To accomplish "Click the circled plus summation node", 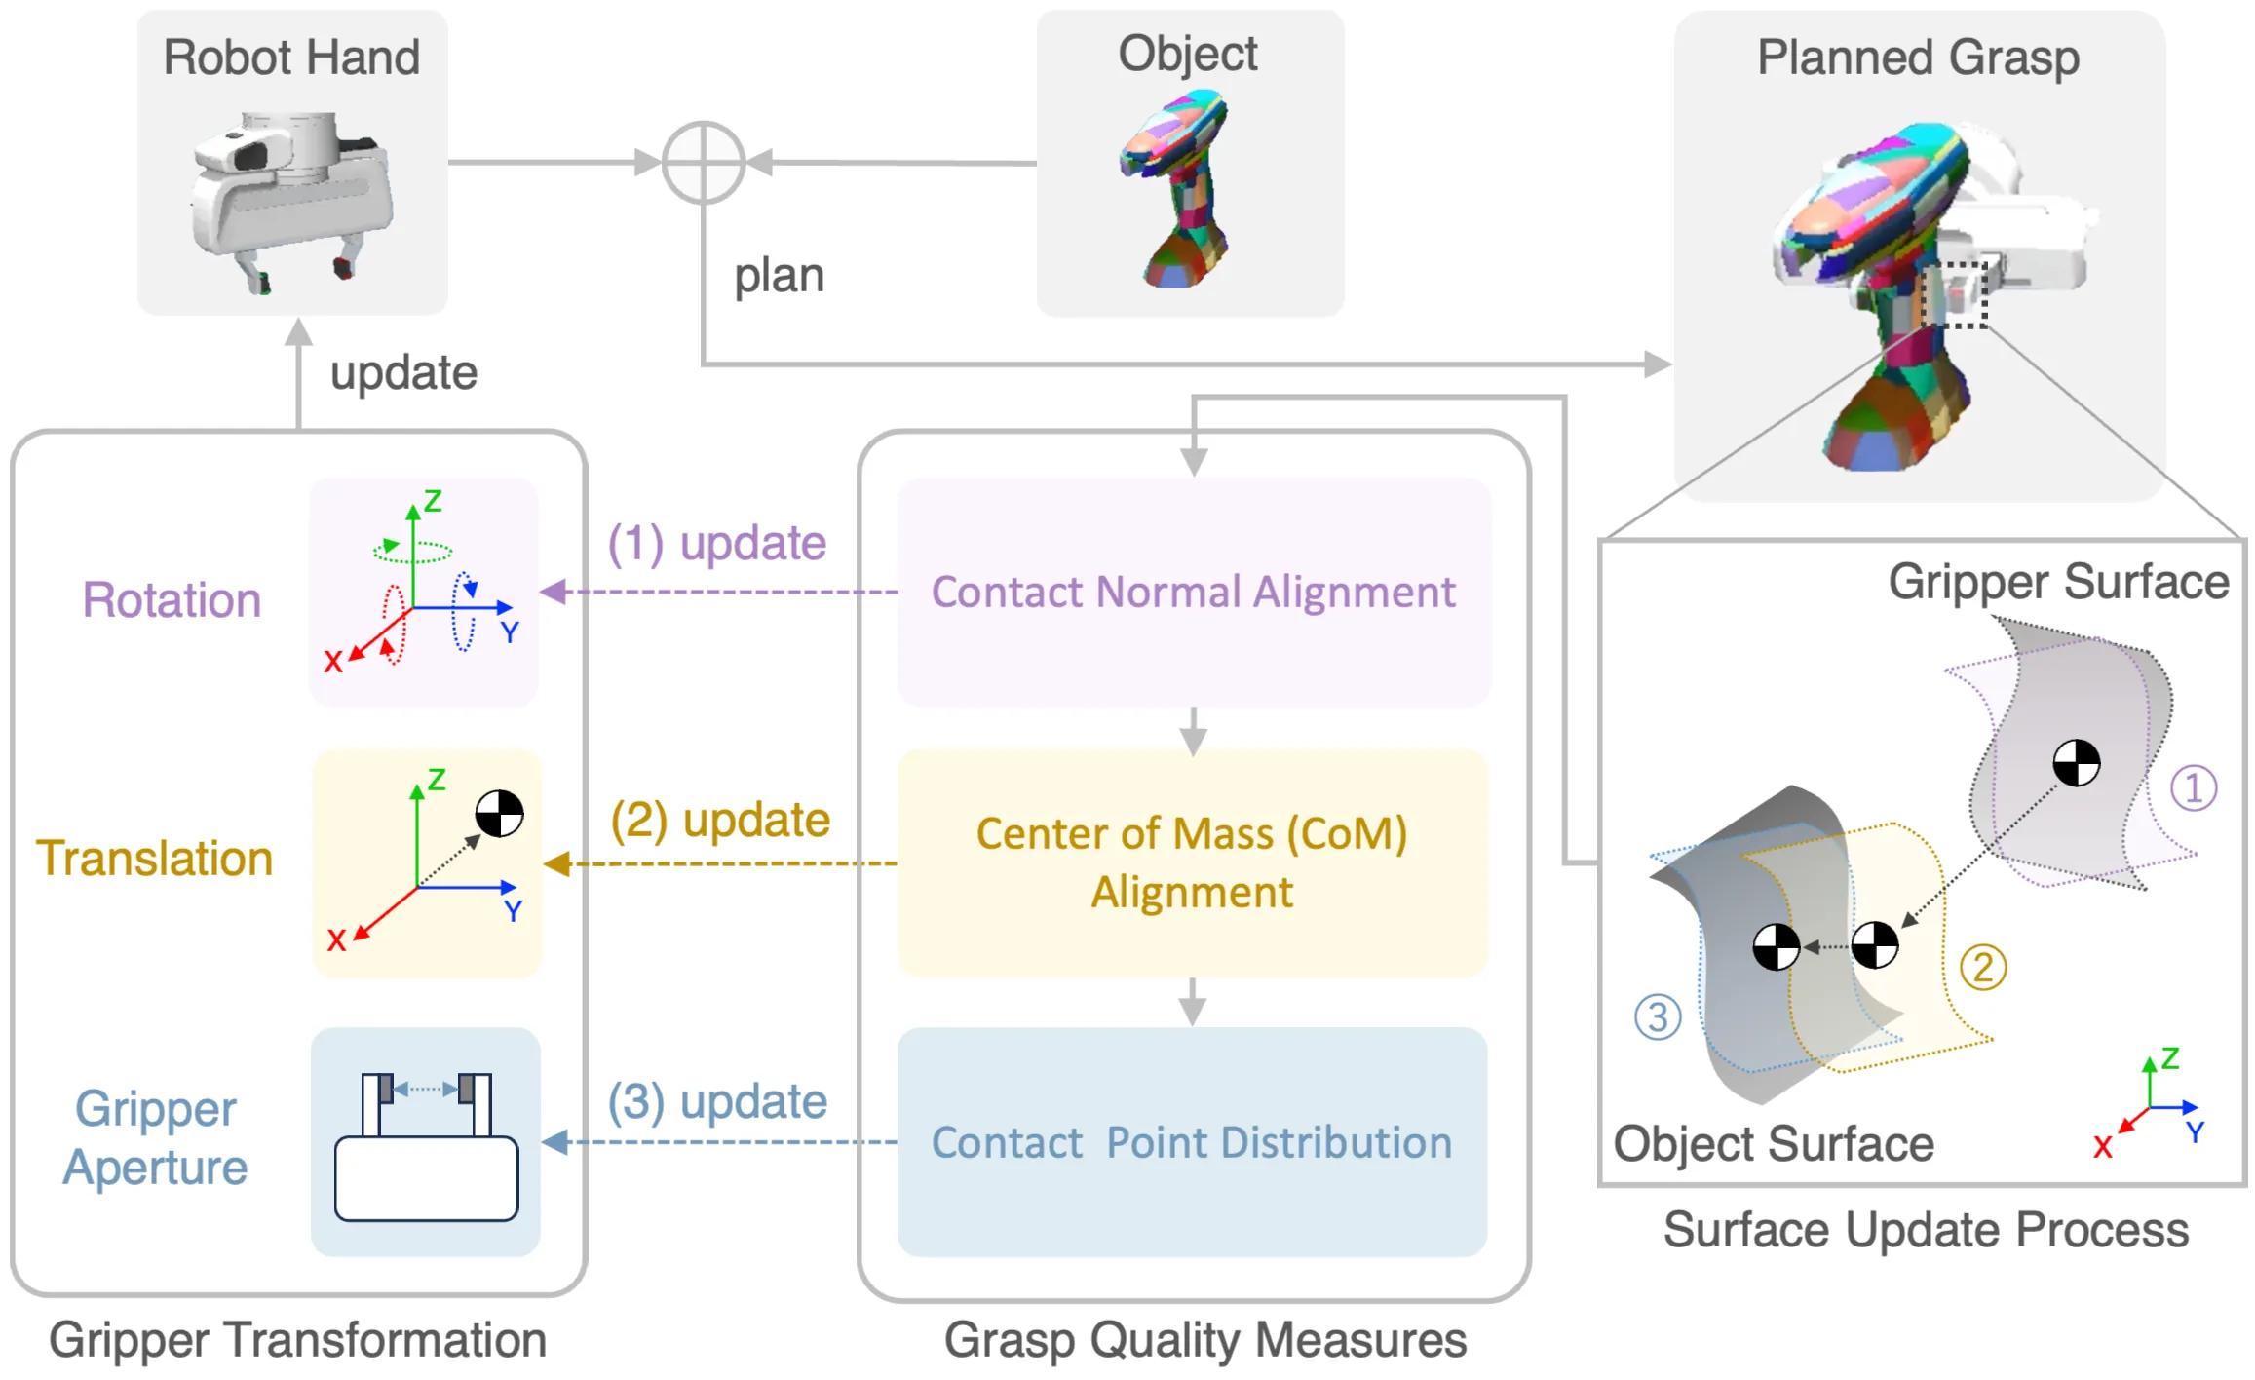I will coord(703,163).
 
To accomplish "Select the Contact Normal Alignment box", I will coord(1193,592).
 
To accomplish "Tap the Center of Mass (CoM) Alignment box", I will coord(1193,862).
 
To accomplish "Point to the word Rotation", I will coord(172,599).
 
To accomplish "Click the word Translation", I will coord(155,859).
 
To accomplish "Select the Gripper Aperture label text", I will coord(155,1138).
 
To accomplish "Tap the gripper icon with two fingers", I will coord(426,1145).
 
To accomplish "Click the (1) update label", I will coord(717,543).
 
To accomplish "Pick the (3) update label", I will coord(717,1101).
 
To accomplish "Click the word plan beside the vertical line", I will coord(779,276).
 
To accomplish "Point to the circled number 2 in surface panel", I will coord(1983,968).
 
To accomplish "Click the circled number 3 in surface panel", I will coord(1658,1017).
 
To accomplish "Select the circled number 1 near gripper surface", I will coord(2194,787).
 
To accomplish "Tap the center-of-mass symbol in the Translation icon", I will coord(499,814).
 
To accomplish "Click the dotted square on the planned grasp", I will coord(1955,295).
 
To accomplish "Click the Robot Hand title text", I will coord(291,57).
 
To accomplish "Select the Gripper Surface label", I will coord(2058,582).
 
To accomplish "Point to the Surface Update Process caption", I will coord(1926,1229).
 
